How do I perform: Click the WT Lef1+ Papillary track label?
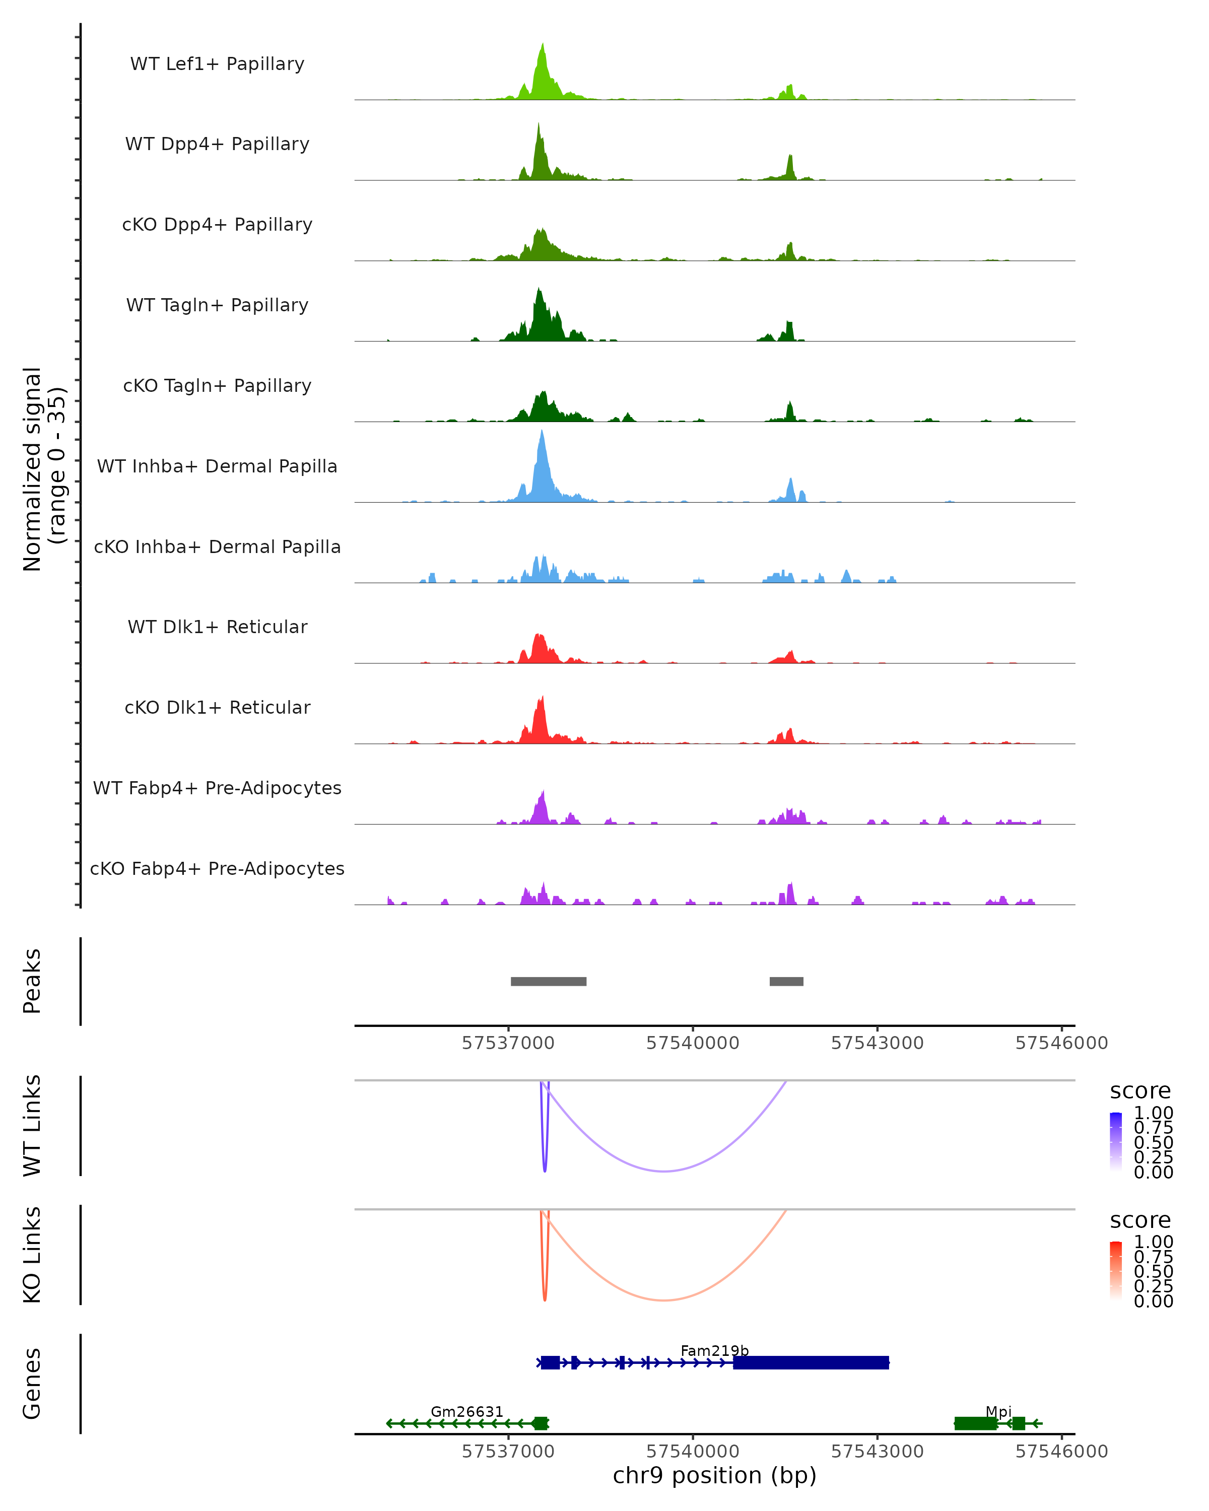217,64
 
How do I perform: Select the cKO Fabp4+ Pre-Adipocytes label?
217,868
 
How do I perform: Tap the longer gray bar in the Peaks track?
548,981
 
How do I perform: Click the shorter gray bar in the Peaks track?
786,981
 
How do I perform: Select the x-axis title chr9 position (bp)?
714,1475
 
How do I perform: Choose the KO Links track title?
32,1255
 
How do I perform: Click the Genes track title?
32,1384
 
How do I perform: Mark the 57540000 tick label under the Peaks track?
693,1043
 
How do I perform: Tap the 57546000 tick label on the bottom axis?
1061,1452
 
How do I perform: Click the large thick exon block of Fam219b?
811,1362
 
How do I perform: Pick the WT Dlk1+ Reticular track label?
217,627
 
